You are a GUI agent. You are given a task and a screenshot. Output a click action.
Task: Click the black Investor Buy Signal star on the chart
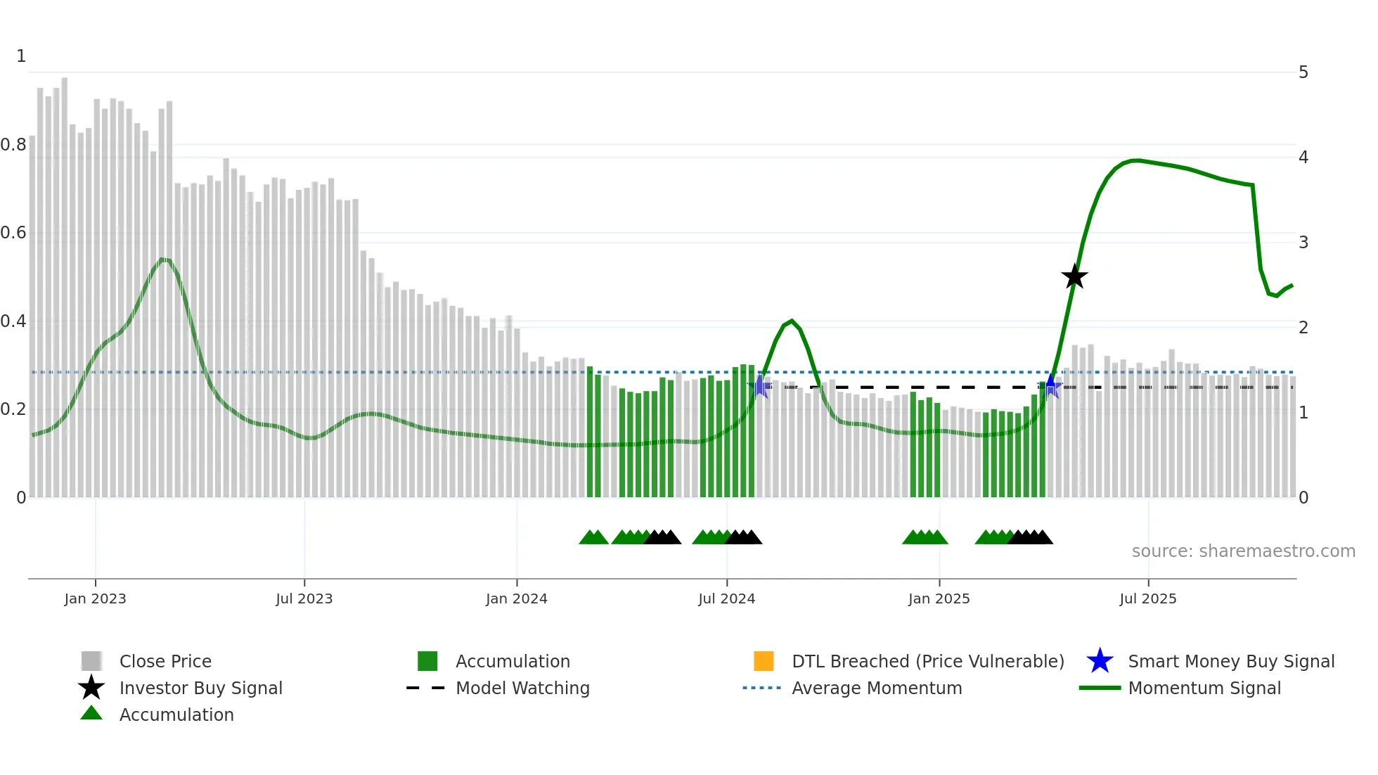click(x=1074, y=277)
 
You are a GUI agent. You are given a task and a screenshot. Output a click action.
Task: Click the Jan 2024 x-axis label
click(x=516, y=598)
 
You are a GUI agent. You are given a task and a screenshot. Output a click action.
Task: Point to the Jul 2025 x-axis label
click(x=1147, y=598)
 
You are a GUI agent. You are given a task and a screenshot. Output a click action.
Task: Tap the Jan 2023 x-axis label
click(x=95, y=598)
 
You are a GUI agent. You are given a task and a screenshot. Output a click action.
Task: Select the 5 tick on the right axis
click(x=1303, y=72)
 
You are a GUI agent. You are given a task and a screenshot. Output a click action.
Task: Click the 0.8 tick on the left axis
click(x=14, y=145)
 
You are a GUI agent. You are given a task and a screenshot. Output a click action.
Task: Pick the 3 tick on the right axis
click(x=1303, y=243)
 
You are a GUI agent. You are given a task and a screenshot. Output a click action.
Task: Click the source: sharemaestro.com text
click(x=1243, y=551)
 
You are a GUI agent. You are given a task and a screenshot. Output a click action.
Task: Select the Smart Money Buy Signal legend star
click(x=1100, y=661)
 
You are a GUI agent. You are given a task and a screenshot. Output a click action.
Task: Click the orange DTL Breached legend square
click(x=764, y=661)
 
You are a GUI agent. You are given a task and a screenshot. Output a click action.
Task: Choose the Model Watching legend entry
click(x=522, y=688)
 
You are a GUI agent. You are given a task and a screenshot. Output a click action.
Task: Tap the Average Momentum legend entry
click(x=876, y=688)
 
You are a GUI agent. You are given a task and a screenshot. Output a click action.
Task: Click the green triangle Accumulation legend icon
click(x=91, y=714)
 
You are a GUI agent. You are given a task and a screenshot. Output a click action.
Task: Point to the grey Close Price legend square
click(x=91, y=661)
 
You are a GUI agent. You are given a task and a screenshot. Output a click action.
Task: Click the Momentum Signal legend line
click(x=1100, y=688)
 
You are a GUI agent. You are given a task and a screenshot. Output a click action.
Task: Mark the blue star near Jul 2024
click(x=759, y=386)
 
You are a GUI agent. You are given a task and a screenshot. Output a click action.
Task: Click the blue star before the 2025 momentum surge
click(x=1050, y=386)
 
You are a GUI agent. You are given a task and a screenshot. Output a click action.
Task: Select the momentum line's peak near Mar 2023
click(x=163, y=260)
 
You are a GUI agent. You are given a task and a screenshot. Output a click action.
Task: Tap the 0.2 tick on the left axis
click(x=14, y=409)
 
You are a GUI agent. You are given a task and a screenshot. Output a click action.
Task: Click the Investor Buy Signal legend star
click(x=91, y=688)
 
